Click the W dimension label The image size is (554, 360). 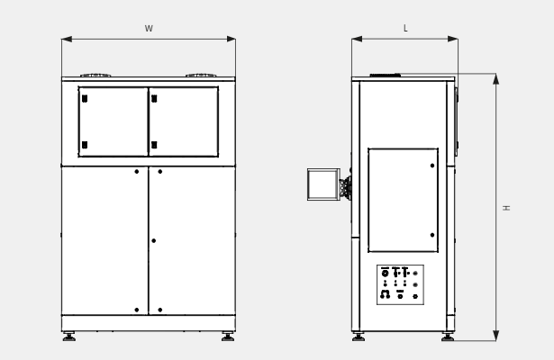tap(149, 29)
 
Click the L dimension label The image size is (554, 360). tap(405, 28)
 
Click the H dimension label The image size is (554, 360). tap(506, 208)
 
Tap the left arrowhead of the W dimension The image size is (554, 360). tap(67, 39)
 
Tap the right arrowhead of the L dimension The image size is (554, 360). tap(453, 39)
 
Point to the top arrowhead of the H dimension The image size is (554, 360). tap(496, 79)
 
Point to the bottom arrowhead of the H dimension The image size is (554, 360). tap(496, 336)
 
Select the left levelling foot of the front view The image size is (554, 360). tap(68, 337)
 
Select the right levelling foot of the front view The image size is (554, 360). tap(228, 337)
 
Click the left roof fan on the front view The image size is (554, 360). tap(95, 76)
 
